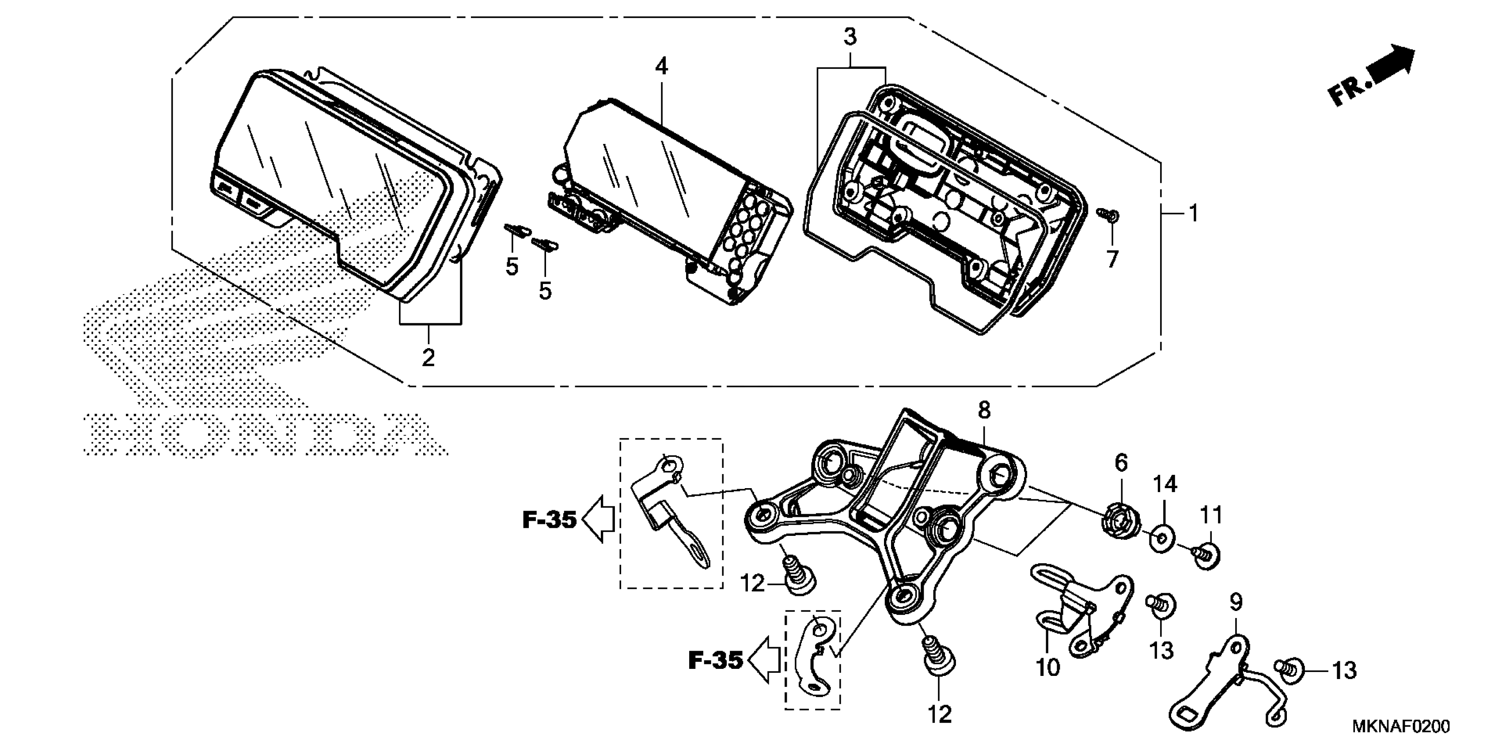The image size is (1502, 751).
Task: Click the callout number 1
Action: pos(1193,214)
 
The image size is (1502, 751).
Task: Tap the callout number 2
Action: pos(429,357)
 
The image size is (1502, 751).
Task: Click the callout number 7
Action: pos(1112,259)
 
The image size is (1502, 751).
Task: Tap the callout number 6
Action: pos(1121,463)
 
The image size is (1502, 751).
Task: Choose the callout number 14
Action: pos(1165,485)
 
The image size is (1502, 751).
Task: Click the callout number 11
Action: pos(1210,516)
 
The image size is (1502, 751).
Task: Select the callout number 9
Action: pos(1236,602)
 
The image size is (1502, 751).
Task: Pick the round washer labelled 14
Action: pos(1163,539)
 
